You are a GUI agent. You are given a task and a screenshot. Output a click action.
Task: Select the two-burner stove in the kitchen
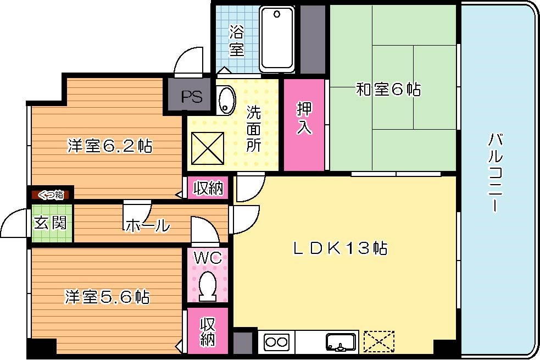(276, 342)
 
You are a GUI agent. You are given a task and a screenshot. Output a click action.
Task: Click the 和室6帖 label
(388, 90)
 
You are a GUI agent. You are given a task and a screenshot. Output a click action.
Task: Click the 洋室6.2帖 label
(110, 146)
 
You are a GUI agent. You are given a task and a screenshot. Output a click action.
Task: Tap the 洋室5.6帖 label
(107, 297)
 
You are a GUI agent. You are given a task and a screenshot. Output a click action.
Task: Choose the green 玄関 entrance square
(51, 223)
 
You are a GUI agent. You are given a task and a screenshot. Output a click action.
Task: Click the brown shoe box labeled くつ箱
(51, 194)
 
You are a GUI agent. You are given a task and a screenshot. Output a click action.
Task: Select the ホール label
(147, 225)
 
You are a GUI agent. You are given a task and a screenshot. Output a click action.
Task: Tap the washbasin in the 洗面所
(226, 99)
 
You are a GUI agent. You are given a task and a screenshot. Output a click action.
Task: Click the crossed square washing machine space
(208, 148)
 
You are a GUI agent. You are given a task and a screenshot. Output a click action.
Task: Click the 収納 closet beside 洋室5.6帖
(207, 331)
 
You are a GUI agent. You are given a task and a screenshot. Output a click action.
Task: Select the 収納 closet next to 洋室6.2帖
(208, 189)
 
